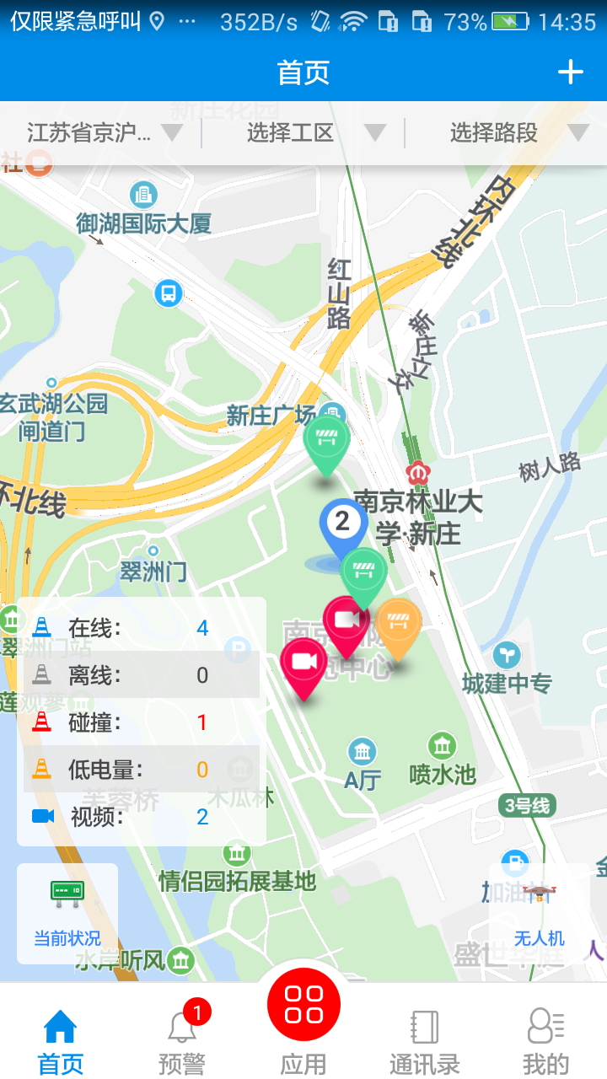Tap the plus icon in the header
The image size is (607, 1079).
point(571,72)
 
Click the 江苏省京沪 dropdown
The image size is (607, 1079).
point(101,133)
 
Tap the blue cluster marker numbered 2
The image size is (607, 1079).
point(342,523)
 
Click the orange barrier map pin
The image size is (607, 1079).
point(398,624)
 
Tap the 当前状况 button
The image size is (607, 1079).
point(67,912)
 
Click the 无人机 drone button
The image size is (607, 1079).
point(540,912)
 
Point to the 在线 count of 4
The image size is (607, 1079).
point(202,628)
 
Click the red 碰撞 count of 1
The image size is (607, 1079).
point(202,722)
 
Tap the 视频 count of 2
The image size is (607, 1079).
point(202,817)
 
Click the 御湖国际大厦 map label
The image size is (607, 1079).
point(143,223)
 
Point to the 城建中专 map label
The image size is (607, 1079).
point(507,683)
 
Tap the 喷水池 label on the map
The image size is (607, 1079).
point(443,773)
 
